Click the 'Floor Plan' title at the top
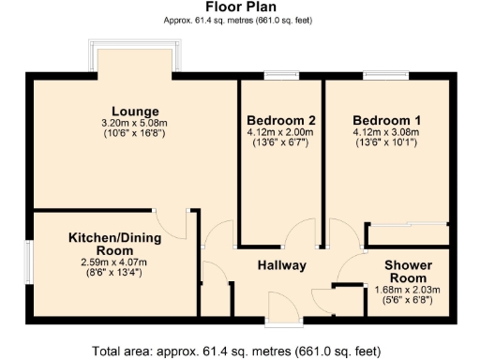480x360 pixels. (x=239, y=7)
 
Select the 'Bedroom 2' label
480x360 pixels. (x=280, y=121)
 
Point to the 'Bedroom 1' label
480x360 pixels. (x=386, y=121)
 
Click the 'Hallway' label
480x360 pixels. (x=282, y=265)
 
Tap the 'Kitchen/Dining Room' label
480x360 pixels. (x=114, y=245)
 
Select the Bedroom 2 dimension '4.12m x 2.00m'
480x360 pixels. (x=280, y=133)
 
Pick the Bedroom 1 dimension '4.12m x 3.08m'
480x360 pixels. (x=386, y=133)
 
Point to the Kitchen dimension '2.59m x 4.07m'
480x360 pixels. (x=114, y=262)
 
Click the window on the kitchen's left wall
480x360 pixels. (x=28, y=262)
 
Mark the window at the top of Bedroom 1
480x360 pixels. (x=379, y=77)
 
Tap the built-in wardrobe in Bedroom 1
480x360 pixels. (x=407, y=226)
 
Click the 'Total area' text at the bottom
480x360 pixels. (x=239, y=351)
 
